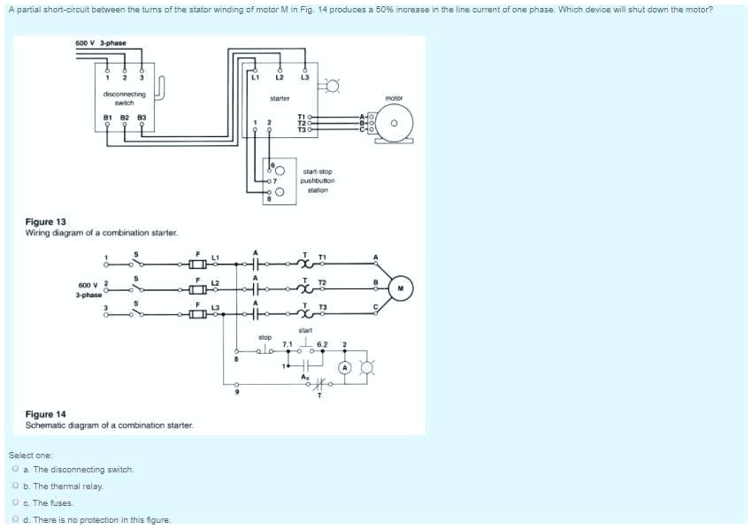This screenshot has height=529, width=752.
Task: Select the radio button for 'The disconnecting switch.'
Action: (16, 470)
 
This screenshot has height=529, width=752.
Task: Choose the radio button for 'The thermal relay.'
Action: (16, 487)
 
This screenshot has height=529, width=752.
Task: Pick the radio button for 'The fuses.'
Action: (16, 502)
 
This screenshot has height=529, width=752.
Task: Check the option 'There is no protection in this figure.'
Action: (16, 519)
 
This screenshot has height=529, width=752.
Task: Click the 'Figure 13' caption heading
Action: (45, 222)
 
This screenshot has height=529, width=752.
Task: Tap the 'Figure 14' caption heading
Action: (45, 414)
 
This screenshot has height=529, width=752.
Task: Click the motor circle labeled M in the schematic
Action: (400, 286)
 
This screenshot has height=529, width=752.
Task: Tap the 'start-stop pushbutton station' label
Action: (318, 180)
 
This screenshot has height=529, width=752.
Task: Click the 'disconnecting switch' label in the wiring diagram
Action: (124, 97)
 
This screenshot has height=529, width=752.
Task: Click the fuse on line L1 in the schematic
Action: (198, 264)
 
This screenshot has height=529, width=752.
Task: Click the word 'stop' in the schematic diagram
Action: (265, 337)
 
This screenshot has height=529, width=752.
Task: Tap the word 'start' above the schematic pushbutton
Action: (305, 330)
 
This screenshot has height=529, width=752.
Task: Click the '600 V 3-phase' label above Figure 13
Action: (100, 42)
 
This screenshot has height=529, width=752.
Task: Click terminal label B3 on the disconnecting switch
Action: (140, 116)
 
